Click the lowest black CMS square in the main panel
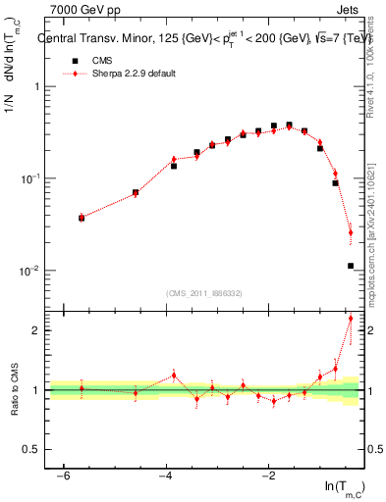[x=350, y=266]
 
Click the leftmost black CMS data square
[x=82, y=218]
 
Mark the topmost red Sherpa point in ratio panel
[x=350, y=319]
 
